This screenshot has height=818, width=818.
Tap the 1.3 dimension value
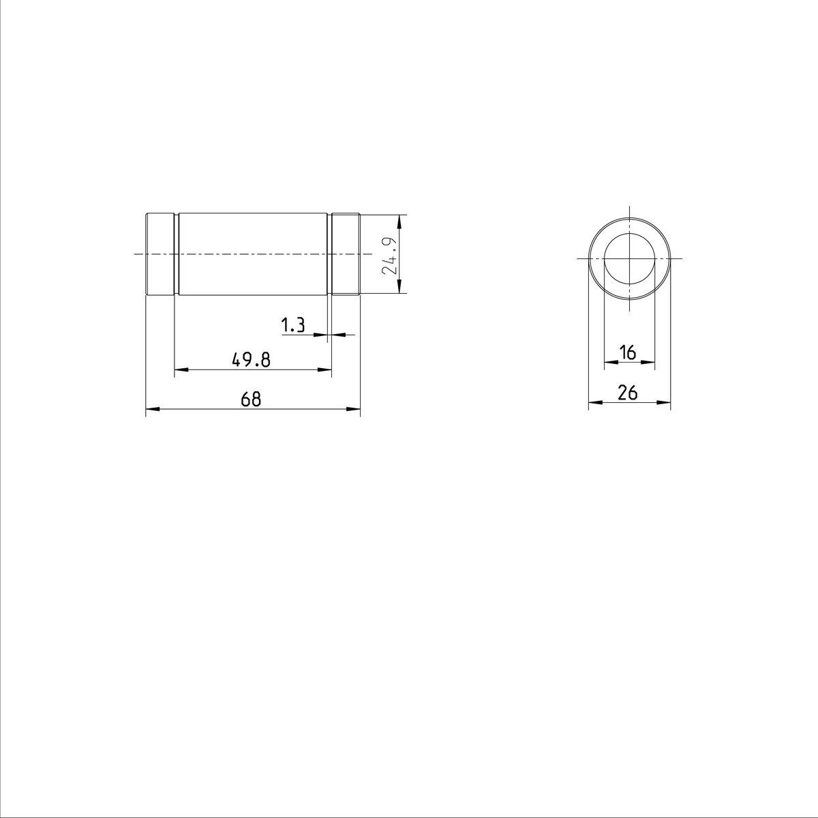coord(293,326)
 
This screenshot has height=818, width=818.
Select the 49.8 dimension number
coord(252,361)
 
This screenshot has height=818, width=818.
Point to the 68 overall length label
coord(251,399)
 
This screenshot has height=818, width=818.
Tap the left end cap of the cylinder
coord(161,254)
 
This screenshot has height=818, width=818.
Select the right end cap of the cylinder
coord(345,254)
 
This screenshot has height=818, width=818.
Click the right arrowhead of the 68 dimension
coord(353,410)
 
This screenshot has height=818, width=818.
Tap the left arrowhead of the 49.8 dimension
coord(181,370)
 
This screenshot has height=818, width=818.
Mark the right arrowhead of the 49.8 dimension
coord(325,370)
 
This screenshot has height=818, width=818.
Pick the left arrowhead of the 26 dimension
coord(595,402)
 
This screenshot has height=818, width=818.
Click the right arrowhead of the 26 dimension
coord(665,402)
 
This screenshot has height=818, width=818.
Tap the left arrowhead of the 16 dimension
coord(611,363)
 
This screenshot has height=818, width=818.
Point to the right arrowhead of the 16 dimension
coord(649,363)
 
